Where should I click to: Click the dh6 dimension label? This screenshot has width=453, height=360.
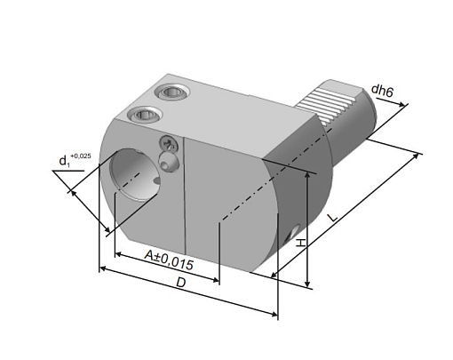click(x=382, y=91)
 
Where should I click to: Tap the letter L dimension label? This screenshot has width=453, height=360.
click(x=332, y=218)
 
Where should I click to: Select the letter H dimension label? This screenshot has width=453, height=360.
click(x=301, y=243)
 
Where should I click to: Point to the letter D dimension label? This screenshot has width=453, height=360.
click(x=180, y=283)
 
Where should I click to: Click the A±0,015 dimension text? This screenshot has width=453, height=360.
click(x=169, y=260)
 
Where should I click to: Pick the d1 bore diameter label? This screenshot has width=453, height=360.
click(x=64, y=162)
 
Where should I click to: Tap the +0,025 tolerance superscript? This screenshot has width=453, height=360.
click(x=81, y=156)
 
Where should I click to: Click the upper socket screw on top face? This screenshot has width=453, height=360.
click(x=171, y=92)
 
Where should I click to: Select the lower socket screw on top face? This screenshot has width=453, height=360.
click(x=144, y=114)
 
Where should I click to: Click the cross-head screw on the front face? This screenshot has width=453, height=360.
click(x=169, y=144)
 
